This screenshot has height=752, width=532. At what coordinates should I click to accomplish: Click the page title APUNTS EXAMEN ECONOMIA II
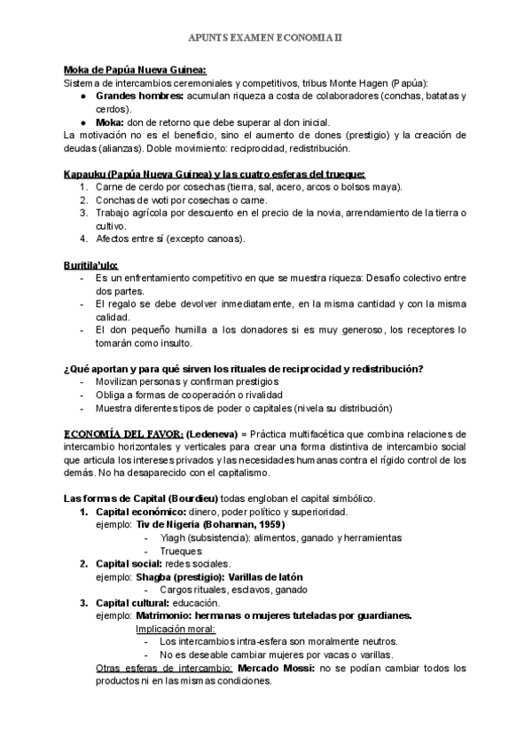(265, 39)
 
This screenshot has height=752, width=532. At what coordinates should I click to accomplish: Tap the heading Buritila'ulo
(91, 265)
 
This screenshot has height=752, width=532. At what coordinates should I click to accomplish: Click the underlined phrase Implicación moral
(170, 629)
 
